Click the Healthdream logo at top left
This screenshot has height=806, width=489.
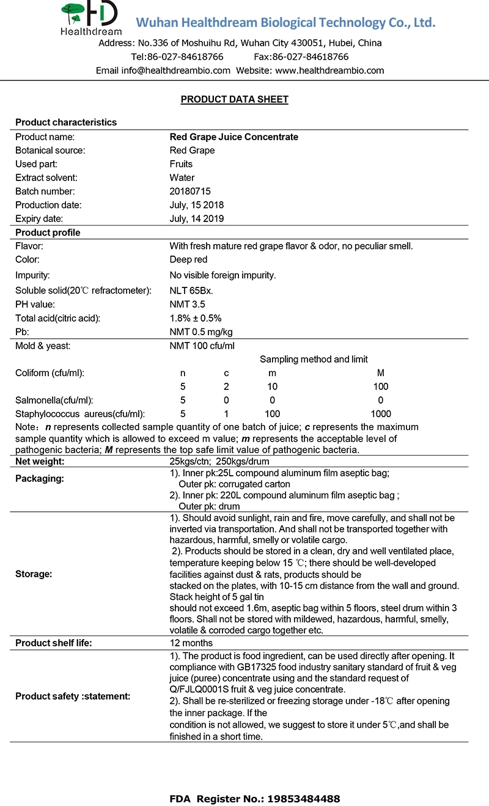click(91, 18)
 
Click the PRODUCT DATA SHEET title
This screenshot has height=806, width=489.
click(234, 99)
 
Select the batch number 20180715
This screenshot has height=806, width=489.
click(190, 191)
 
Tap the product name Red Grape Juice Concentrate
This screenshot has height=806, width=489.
click(233, 137)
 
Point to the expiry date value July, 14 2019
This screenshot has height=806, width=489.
click(196, 218)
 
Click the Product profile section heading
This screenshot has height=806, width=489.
click(48, 232)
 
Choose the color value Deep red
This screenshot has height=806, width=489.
click(188, 259)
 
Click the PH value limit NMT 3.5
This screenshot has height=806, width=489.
click(187, 304)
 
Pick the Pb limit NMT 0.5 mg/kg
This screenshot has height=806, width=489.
click(200, 331)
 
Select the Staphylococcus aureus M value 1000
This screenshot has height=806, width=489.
click(381, 413)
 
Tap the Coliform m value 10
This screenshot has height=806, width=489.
click(272, 386)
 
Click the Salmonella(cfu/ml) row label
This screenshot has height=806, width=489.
click(54, 400)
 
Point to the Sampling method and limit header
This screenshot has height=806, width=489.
click(314, 360)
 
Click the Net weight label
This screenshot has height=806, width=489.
click(40, 461)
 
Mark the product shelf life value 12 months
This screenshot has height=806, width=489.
click(191, 643)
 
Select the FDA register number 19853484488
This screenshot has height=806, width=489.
click(298, 798)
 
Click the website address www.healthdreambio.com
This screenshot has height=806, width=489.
click(329, 70)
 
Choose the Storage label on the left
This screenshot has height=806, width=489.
click(34, 574)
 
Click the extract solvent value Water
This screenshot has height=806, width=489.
click(182, 178)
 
